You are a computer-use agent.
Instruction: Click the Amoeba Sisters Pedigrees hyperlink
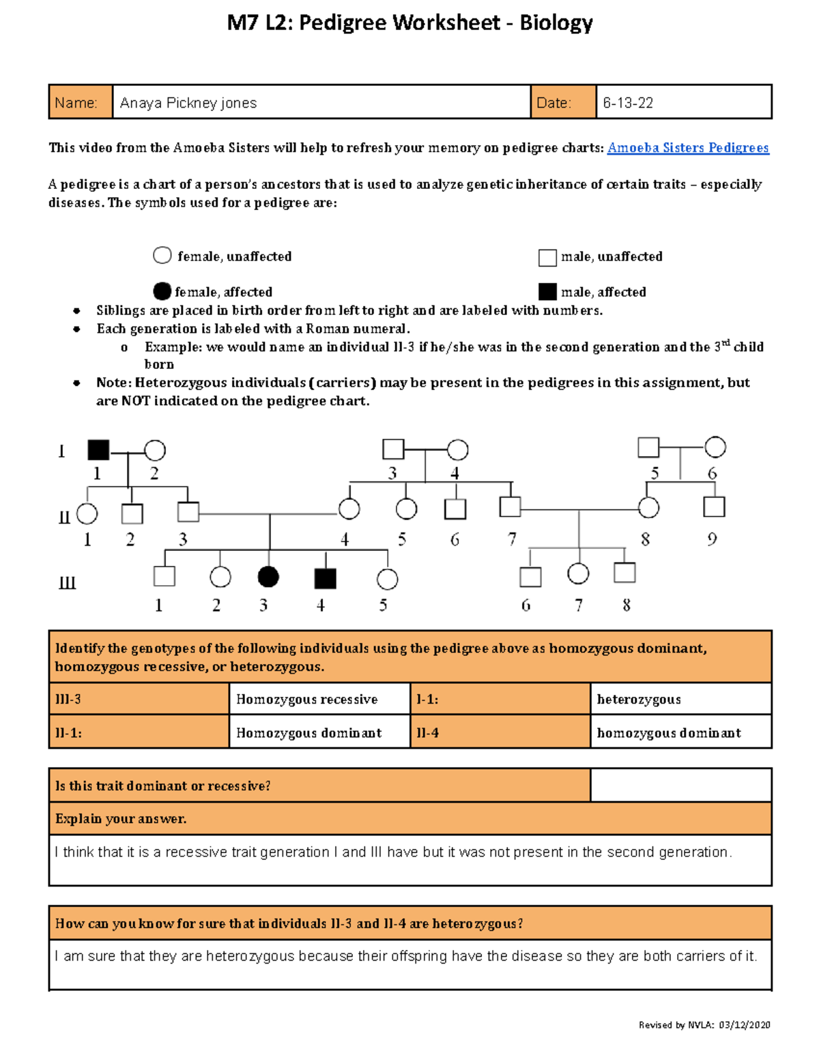688,148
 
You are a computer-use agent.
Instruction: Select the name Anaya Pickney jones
188,103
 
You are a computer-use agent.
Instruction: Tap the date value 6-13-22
628,103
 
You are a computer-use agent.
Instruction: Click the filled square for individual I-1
98,450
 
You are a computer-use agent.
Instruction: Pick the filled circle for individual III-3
268,577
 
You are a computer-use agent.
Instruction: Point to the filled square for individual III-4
326,578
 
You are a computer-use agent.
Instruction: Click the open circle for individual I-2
155,450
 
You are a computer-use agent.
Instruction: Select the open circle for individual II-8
648,507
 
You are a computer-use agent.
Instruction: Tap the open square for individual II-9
714,507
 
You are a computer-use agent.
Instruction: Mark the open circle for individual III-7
578,573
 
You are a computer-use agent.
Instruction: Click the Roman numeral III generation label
67,584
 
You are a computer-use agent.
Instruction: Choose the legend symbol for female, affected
162,291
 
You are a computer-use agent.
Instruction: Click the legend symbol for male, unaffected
547,257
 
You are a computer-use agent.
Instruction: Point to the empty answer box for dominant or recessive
680,786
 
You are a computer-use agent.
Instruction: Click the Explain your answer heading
121,819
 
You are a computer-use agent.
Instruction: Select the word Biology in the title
556,23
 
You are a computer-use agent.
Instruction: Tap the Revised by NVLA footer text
704,1025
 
